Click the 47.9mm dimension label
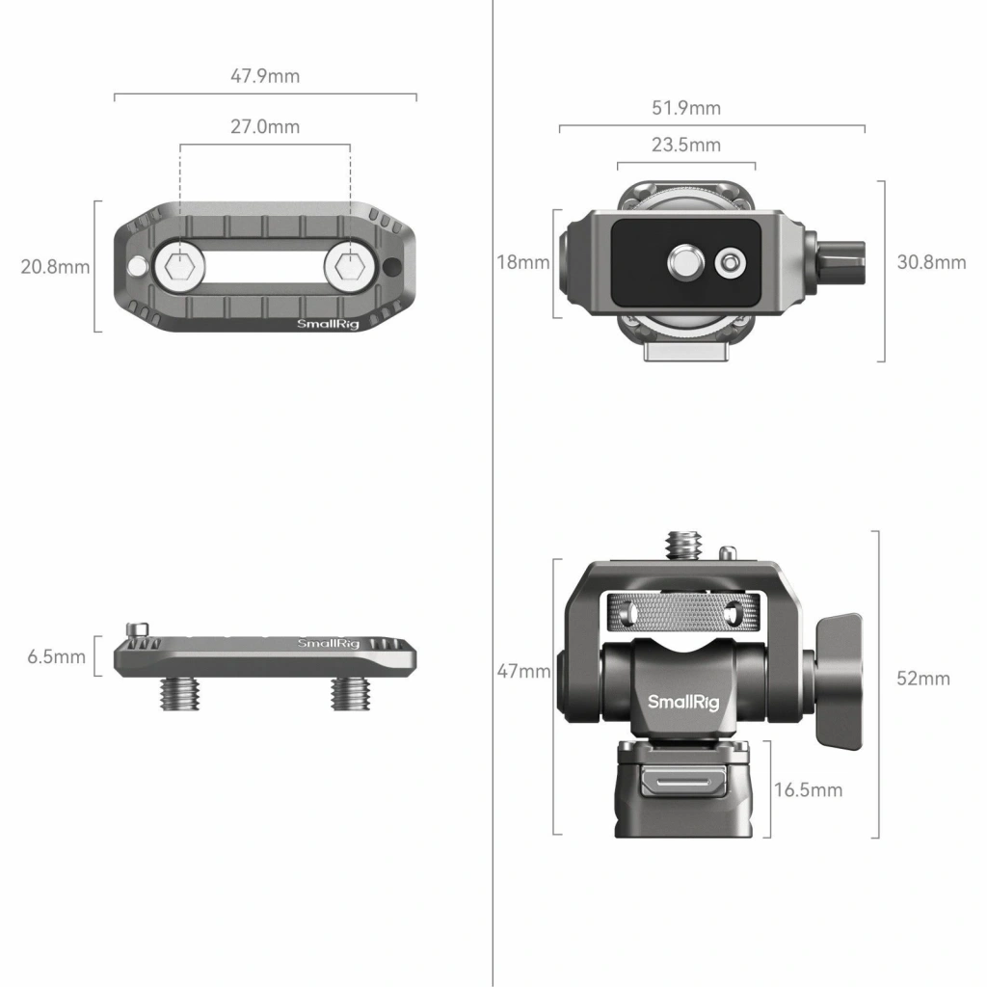(265, 76)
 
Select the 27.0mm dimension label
(265, 126)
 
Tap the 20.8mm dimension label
(55, 267)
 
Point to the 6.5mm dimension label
(56, 656)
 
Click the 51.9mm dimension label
(686, 108)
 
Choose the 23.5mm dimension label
(686, 145)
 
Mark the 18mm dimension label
(523, 262)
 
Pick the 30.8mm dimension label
(932, 262)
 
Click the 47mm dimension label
(523, 671)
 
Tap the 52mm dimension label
(923, 679)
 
